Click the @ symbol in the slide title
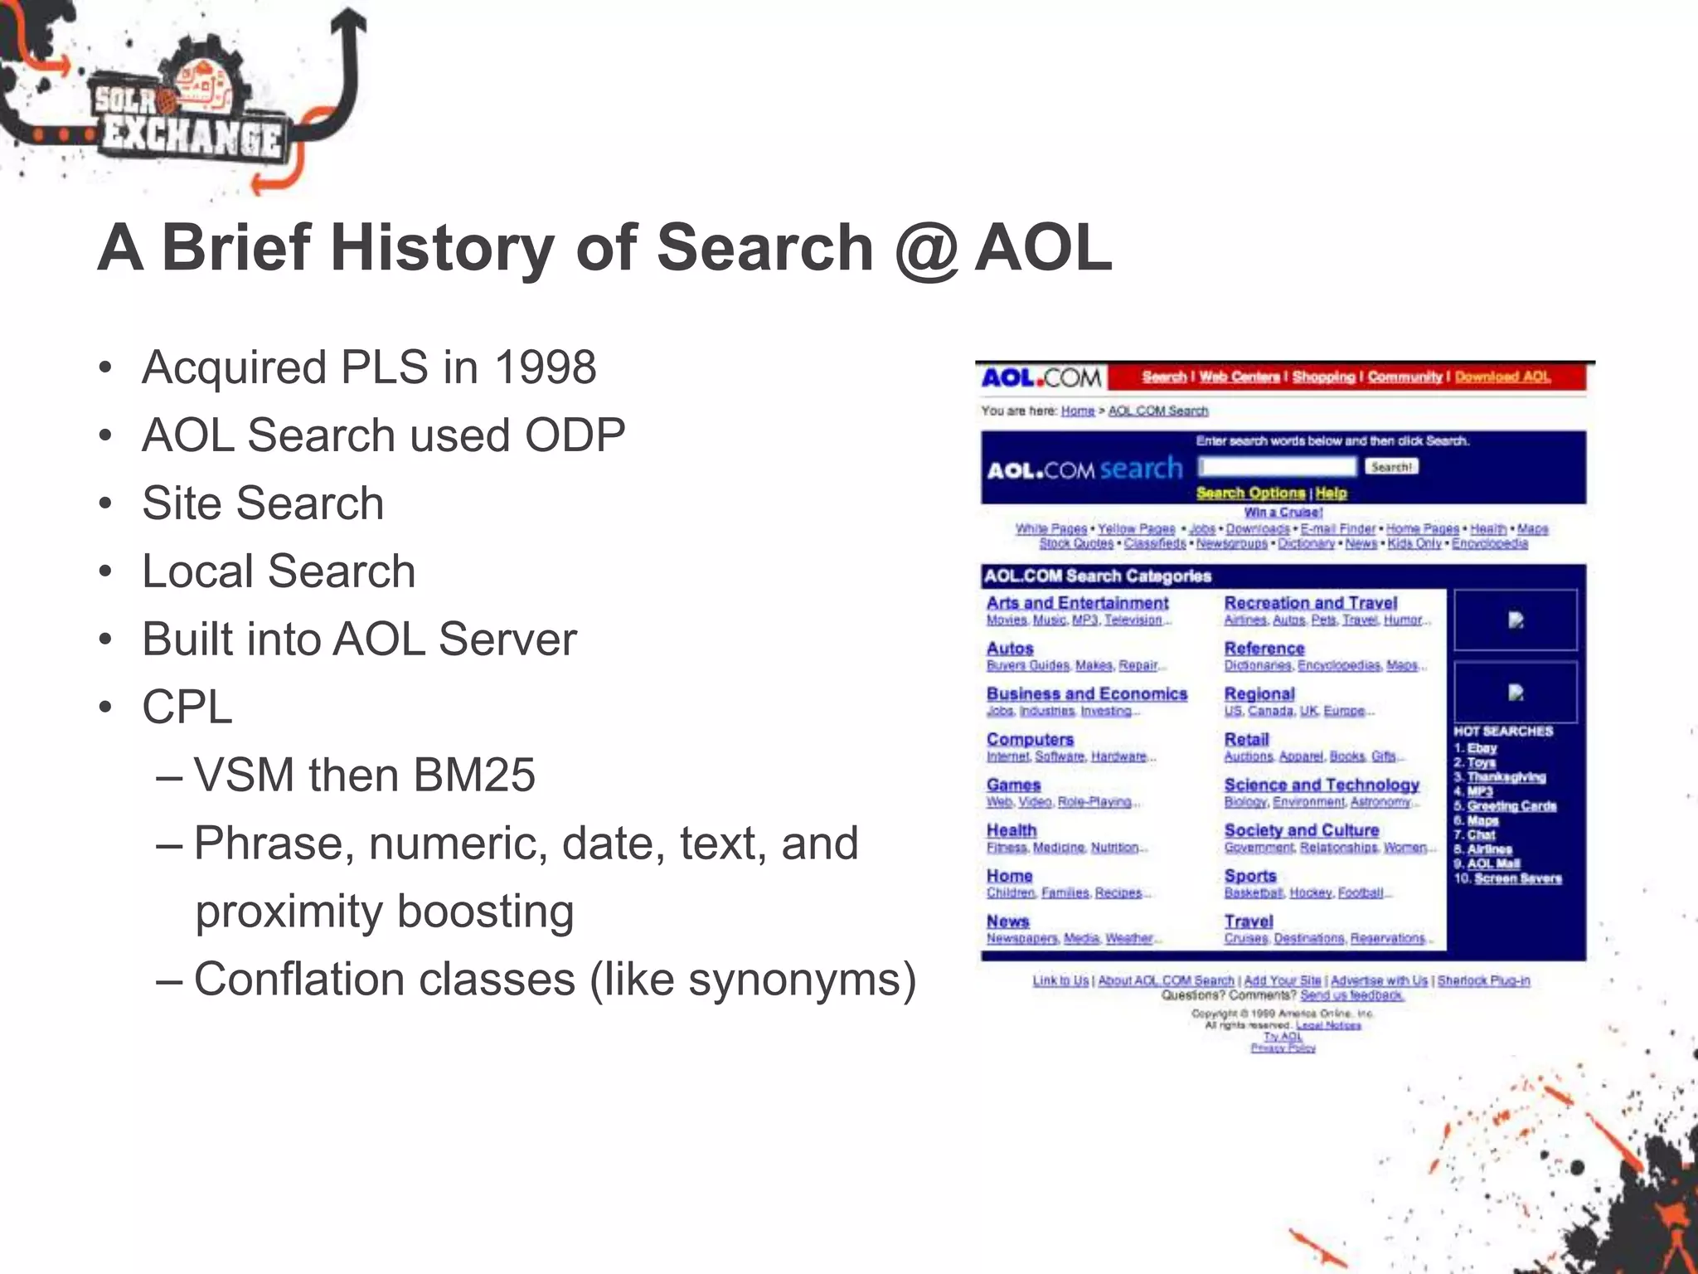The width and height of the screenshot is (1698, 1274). (926, 249)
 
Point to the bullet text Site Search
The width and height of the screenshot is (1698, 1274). (263, 503)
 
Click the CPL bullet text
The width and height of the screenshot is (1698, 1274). (187, 708)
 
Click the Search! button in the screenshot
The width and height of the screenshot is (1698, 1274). (1390, 467)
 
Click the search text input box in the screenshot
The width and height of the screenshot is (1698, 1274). (1277, 467)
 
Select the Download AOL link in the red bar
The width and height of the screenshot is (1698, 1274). (1502, 377)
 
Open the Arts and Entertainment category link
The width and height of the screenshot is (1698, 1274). (1077, 603)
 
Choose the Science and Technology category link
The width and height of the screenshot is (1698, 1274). (1322, 785)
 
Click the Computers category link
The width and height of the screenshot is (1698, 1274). (1030, 739)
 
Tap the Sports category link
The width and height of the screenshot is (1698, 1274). (1250, 876)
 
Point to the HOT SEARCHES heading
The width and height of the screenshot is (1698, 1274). (1502, 732)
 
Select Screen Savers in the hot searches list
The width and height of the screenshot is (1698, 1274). (1517, 878)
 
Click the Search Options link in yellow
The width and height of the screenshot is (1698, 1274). (1250, 494)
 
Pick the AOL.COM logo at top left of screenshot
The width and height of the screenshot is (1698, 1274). (1041, 378)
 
